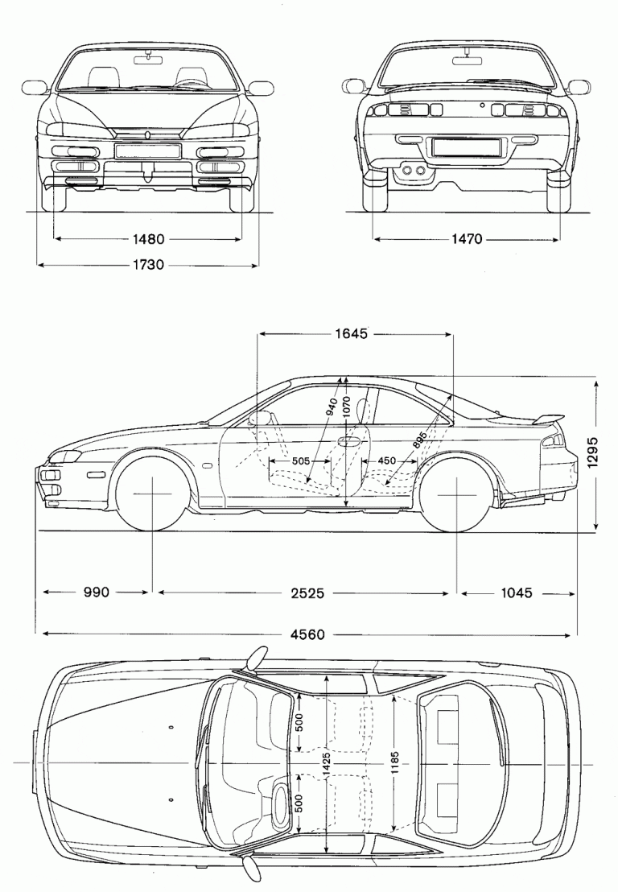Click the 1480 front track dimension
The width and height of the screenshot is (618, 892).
click(147, 239)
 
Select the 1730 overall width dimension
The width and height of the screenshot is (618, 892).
click(147, 264)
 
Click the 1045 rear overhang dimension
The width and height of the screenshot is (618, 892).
click(516, 593)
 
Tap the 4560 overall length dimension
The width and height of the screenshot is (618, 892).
click(307, 634)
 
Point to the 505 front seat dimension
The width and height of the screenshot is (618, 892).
click(300, 461)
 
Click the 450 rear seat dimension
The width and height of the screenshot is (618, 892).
click(386, 461)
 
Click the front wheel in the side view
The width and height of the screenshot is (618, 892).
click(152, 493)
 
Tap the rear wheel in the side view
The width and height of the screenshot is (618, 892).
click(457, 493)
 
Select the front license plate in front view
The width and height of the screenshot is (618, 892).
click(147, 150)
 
